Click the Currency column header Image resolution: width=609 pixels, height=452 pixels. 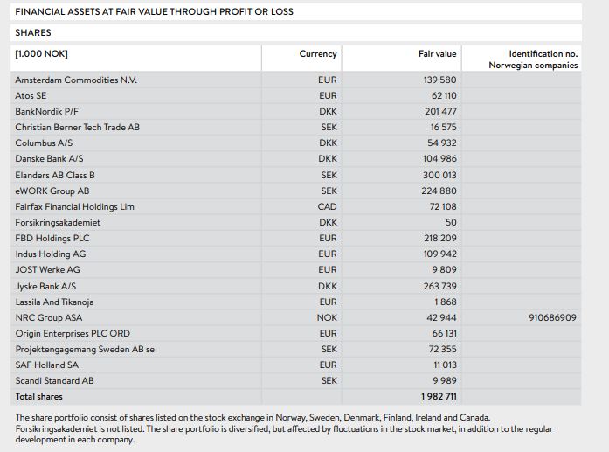317,54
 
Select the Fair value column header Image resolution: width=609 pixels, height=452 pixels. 437,54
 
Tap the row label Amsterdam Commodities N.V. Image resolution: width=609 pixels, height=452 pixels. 76,80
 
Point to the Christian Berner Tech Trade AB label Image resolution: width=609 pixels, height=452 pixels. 77,127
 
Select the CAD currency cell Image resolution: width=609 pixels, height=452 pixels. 327,206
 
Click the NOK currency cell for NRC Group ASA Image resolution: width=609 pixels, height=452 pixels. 327,317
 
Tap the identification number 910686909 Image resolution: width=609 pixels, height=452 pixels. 552,317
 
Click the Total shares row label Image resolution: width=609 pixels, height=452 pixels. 38,397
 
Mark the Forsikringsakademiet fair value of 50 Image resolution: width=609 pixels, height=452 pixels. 450,222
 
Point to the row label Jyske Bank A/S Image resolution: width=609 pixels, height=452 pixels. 45,286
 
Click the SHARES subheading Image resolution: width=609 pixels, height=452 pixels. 33,32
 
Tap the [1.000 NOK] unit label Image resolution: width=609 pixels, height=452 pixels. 41,54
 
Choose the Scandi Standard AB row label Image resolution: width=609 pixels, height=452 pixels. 54,381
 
